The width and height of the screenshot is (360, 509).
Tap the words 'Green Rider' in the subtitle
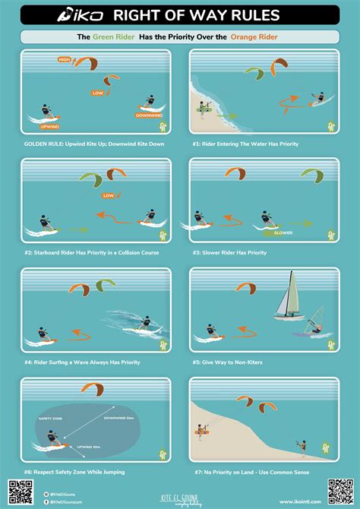point(115,36)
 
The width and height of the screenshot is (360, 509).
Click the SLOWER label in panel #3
point(283,233)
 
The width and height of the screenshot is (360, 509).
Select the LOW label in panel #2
point(109,195)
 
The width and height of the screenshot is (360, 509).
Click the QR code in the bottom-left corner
point(21,491)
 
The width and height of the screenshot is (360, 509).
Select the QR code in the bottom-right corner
point(339,491)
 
